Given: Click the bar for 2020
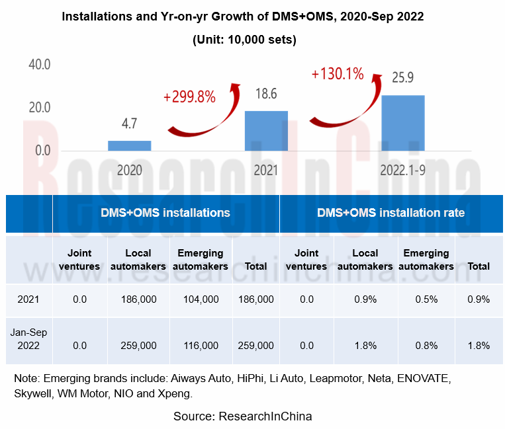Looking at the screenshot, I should [x=129, y=145].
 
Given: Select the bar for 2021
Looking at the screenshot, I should [x=266, y=131].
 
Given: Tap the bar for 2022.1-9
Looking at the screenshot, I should [x=402, y=123].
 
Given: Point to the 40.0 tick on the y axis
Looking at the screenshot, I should [x=38, y=65].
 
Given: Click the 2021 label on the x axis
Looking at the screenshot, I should [x=266, y=170].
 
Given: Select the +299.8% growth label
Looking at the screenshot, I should [x=189, y=97].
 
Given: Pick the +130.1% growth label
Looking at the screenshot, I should [x=337, y=73].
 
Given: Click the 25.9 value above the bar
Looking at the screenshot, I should [x=402, y=77].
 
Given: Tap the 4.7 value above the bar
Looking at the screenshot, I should [x=129, y=124].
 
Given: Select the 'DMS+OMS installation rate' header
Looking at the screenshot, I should [x=390, y=213].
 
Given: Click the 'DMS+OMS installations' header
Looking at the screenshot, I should [x=165, y=213].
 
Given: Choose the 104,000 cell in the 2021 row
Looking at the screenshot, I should [x=202, y=299].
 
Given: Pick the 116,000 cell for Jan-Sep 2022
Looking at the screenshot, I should [x=202, y=345].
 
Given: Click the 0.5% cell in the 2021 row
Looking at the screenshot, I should [x=426, y=299].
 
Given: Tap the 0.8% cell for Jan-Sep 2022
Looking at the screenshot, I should [x=426, y=345].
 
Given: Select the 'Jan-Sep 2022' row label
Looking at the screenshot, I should [x=28, y=339].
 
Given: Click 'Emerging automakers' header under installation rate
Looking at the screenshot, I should [x=426, y=259].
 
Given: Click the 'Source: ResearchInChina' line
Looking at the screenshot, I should [x=242, y=416].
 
